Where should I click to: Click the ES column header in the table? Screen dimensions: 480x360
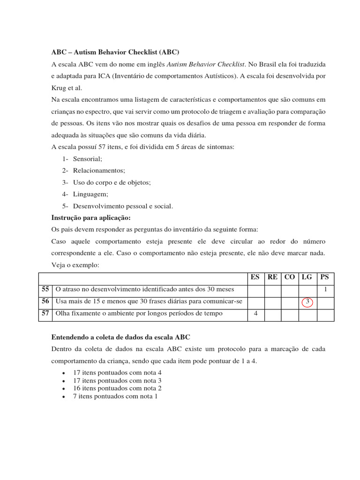tap(255, 277)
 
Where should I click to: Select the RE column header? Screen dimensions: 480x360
tap(272, 277)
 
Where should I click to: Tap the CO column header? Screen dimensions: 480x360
tap(290, 277)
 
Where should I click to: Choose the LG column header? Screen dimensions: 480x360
tap(307, 277)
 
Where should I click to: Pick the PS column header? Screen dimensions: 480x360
tap(325, 277)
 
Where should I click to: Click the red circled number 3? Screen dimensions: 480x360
tap(307, 302)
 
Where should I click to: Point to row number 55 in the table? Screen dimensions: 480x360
tap(45, 290)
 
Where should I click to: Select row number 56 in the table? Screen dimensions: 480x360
tap(45, 302)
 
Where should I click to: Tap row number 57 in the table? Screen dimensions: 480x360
tap(45, 314)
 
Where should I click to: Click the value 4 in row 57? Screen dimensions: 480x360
tap(255, 314)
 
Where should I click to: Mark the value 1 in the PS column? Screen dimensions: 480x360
tap(325, 290)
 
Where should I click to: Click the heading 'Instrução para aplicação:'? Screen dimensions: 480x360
tap(90, 218)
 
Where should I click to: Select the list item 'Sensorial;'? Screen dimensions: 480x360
tap(87, 159)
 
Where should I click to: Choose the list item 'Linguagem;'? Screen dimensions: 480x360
tap(90, 194)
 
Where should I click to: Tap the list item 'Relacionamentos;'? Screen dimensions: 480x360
tap(99, 171)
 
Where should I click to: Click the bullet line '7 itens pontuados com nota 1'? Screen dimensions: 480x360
tap(115, 397)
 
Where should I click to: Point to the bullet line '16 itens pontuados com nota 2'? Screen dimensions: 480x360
tap(117, 389)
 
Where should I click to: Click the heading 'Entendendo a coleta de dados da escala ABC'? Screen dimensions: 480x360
tap(120, 337)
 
